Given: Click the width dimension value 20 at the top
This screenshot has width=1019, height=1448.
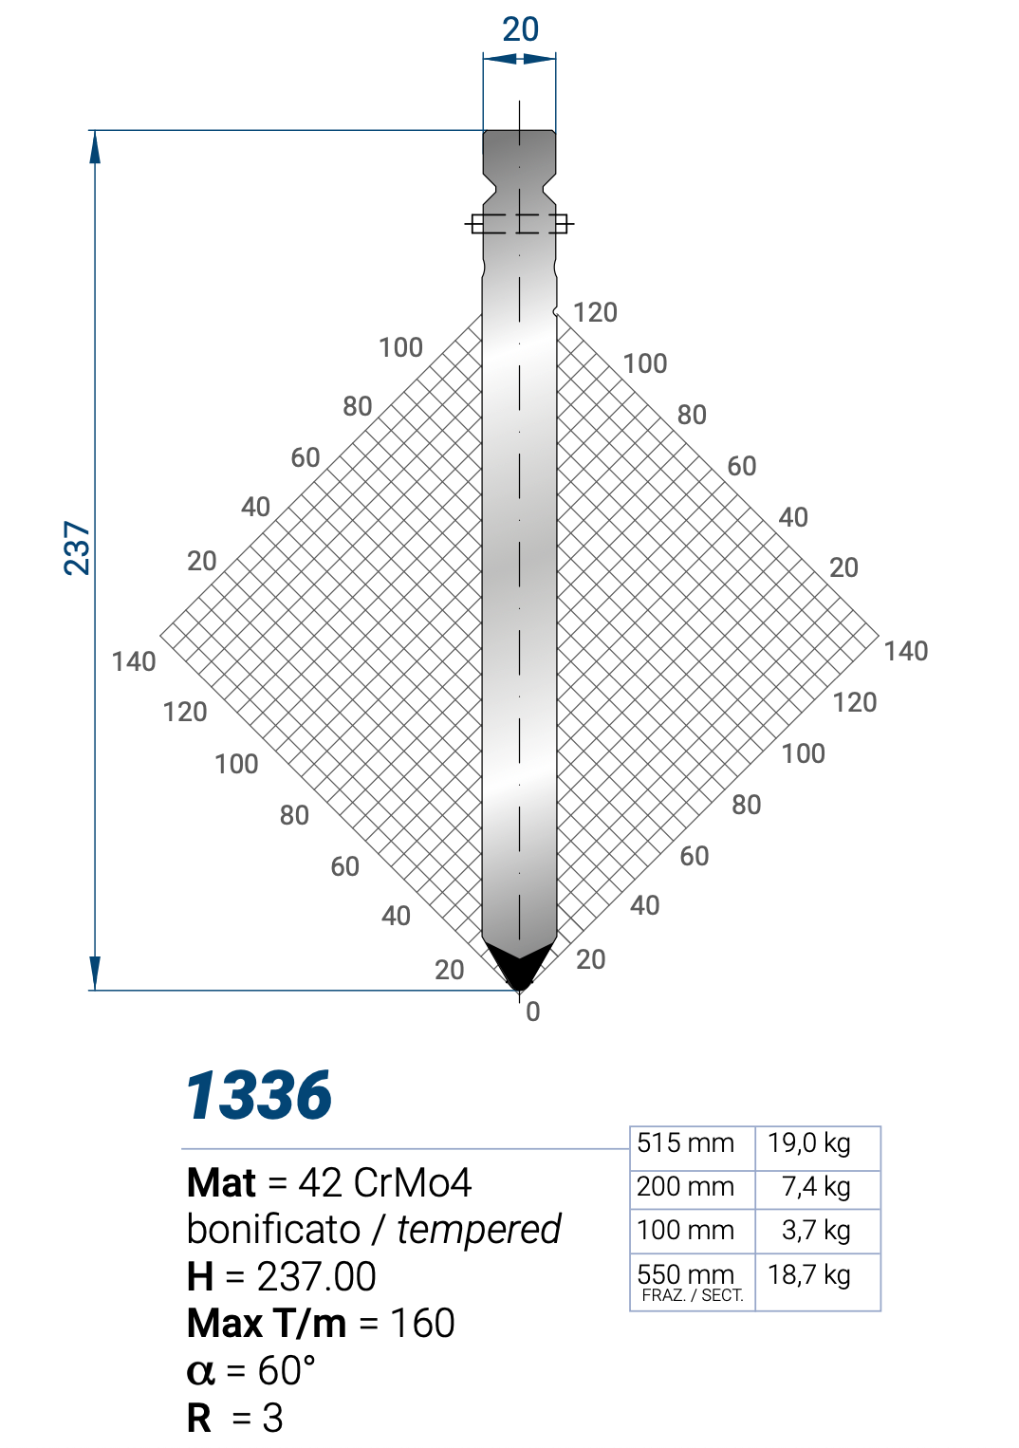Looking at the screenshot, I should pos(520,29).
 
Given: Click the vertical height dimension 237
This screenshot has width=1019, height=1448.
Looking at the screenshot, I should pos(77,548).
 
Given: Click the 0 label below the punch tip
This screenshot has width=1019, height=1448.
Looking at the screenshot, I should pos(533,1012).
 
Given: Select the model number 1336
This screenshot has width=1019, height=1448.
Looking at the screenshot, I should pos(258,1095).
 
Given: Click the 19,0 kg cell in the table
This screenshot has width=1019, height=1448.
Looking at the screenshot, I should pos(808,1143).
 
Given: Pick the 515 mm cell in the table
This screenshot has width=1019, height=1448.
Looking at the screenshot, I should pos(685,1143).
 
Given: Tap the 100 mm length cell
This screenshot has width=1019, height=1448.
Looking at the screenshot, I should pos(685,1231).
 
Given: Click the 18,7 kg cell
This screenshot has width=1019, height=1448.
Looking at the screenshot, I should pos(808,1274).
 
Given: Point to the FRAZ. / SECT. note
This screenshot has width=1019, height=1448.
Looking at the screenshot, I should pos(692,1296).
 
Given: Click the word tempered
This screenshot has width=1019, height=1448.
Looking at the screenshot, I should pos(479,1230).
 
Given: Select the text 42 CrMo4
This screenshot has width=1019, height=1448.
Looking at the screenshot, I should pos(384,1183).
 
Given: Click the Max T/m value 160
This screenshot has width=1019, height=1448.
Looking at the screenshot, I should pos(422,1324).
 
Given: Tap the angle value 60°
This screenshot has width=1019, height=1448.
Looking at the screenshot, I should pos(287,1371).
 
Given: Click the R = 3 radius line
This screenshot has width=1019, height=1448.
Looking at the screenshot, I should pos(235,1419).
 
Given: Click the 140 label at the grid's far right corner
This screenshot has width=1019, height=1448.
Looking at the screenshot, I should pos(905,651).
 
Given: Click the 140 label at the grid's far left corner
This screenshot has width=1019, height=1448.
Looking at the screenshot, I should pos(134,661).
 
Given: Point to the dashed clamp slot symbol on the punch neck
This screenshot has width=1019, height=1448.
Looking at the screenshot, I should pos(519,224).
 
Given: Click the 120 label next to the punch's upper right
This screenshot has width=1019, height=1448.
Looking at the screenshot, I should pos(595,312).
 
